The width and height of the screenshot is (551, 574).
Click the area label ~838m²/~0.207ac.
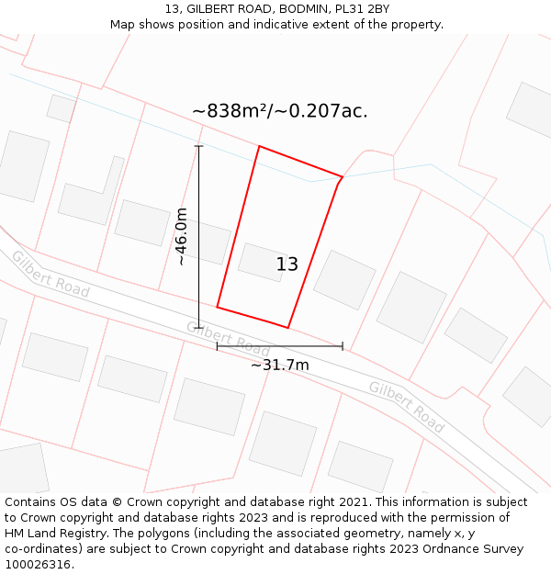click(x=280, y=111)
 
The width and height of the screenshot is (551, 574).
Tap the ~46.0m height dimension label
click(x=182, y=236)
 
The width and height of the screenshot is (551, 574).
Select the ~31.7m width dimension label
click(x=280, y=365)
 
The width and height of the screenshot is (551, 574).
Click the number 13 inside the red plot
click(x=287, y=264)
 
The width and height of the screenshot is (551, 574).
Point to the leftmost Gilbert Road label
click(x=51, y=273)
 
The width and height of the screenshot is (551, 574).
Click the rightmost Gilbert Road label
click(x=406, y=406)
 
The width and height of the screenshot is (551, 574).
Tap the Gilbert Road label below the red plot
click(x=228, y=339)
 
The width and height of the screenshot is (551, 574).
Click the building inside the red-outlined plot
click(x=263, y=262)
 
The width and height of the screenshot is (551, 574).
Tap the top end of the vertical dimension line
click(x=199, y=145)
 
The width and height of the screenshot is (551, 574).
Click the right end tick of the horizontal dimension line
click(x=343, y=346)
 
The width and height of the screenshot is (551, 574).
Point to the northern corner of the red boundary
click(x=259, y=146)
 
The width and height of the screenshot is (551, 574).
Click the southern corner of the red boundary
click(x=288, y=327)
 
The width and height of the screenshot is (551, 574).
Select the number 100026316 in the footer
click(x=38, y=564)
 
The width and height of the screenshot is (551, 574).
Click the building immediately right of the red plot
click(x=344, y=279)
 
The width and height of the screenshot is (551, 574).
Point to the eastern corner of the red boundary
click(x=343, y=177)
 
